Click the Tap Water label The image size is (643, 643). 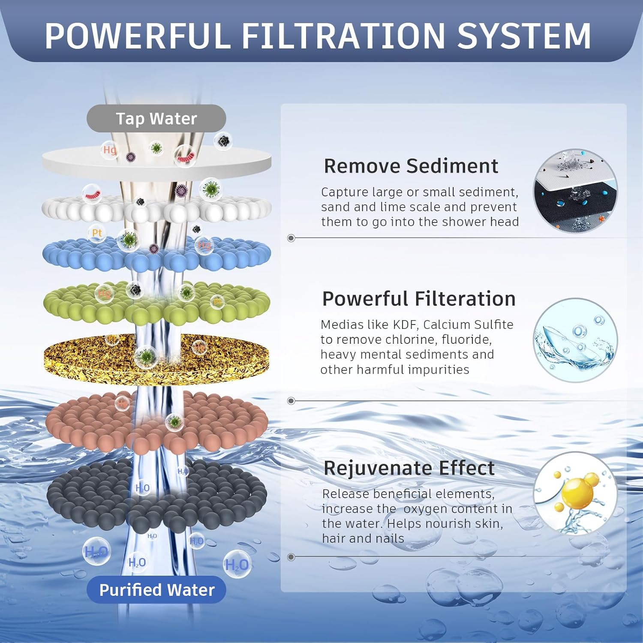(x=156, y=118)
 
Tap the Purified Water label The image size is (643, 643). (x=156, y=590)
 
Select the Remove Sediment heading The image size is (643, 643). (x=411, y=166)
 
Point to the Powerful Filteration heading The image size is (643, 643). (x=418, y=299)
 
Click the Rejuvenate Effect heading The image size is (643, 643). (x=409, y=468)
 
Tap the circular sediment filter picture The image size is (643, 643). (x=575, y=191)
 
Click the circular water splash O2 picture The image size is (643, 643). (x=575, y=340)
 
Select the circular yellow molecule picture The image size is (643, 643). (x=575, y=493)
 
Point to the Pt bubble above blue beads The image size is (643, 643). (x=97, y=233)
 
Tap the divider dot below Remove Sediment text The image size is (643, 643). (x=291, y=238)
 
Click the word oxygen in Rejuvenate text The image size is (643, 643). (x=424, y=509)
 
